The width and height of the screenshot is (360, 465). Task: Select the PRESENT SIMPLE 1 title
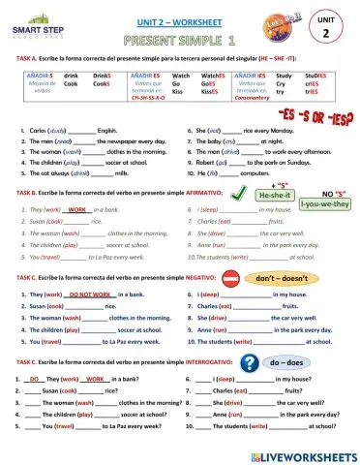tap(180, 41)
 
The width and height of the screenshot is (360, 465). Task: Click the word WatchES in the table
tap(212, 75)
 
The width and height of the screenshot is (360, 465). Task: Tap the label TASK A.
tap(18, 58)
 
